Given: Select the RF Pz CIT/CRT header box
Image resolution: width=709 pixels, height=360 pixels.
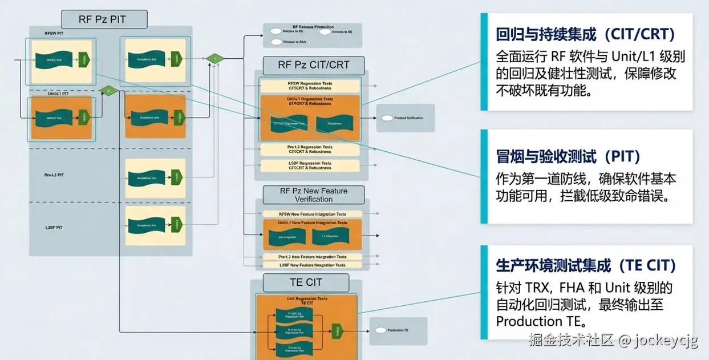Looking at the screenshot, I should [313, 65].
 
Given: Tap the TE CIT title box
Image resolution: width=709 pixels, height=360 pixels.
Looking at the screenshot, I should [306, 282].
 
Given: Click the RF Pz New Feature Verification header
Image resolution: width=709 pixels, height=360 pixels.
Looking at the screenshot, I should [313, 195].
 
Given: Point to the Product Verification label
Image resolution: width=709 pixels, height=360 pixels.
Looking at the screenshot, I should [408, 118].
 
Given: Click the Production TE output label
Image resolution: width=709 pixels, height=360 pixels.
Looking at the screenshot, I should [398, 330].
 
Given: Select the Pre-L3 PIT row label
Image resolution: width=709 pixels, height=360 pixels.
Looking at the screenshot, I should [54, 175].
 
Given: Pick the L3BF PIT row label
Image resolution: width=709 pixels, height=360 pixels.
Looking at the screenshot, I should [54, 228].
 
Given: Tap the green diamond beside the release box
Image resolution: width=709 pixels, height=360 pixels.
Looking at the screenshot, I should [215, 58].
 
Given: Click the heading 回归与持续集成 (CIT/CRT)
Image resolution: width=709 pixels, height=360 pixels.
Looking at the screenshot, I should [585, 35].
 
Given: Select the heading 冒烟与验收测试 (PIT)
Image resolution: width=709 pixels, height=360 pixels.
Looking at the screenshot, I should [568, 156].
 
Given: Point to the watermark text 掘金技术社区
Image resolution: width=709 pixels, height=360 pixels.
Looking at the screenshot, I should [571, 341].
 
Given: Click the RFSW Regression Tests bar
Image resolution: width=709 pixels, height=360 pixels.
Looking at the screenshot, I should [310, 86].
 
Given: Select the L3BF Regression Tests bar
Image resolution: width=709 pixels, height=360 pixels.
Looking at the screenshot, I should [310, 165].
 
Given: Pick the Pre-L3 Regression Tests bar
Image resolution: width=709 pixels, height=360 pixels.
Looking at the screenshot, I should [310, 149].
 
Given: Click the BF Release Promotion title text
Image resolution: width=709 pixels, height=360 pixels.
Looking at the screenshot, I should [313, 27].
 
